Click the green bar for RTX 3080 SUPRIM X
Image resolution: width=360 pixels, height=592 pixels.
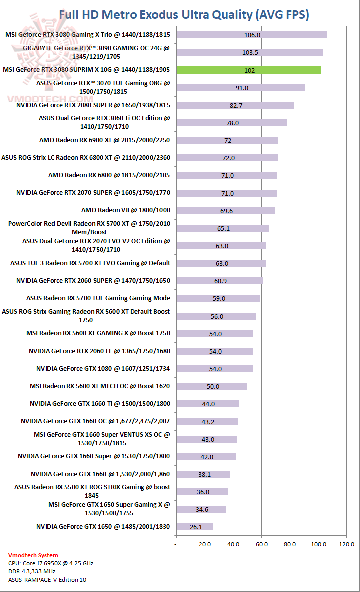coord(248,70)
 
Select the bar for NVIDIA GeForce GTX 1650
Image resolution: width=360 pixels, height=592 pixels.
coord(194,527)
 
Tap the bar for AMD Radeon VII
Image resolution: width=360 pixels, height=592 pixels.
coord(225,211)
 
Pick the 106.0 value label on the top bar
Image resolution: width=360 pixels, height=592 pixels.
coord(252,35)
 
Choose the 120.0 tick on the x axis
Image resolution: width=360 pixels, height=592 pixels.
coord(347,543)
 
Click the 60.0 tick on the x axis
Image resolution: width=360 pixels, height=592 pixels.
coord(261,543)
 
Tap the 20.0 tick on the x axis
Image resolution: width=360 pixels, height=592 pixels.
coord(204,543)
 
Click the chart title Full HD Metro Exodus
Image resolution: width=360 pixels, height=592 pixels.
coord(184,15)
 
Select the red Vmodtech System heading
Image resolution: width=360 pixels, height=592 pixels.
coord(33,555)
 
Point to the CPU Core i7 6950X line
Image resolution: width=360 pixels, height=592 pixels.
coord(51,563)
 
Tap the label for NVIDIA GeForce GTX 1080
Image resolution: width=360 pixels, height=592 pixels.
coord(103,369)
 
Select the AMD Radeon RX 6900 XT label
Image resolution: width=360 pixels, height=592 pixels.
coord(104,140)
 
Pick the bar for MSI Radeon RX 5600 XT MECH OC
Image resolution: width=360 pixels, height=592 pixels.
coord(211,386)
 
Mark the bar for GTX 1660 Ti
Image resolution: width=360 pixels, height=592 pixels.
coord(207,404)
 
